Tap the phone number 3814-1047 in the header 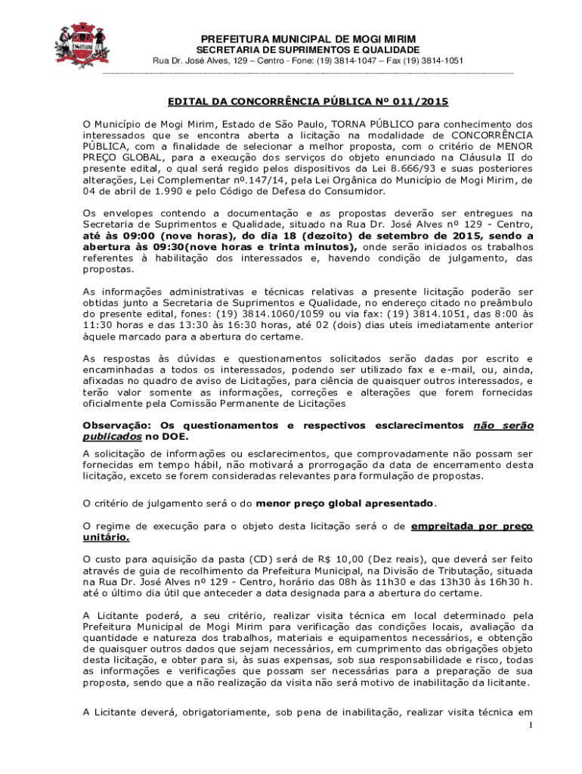(358, 60)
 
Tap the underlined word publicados (112, 437)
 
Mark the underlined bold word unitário (106, 537)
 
